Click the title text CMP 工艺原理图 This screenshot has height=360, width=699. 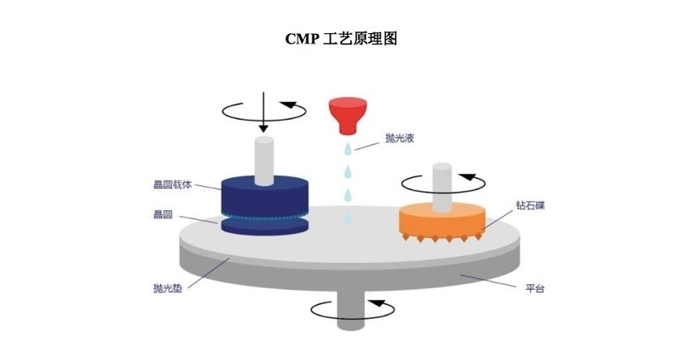341,39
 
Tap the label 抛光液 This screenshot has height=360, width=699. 400,138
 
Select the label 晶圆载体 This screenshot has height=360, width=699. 172,184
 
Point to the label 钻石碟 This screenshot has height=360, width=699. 531,205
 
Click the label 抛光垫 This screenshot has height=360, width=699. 167,288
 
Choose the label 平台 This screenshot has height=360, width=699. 535,288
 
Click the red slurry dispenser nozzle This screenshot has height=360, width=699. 348,116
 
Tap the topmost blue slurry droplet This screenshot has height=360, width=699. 347,148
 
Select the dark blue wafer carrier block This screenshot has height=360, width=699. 265,196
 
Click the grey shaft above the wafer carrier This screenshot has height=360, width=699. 264,161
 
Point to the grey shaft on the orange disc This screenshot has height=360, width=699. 443,187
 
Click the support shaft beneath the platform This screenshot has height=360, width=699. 351,310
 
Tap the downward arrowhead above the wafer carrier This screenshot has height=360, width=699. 264,128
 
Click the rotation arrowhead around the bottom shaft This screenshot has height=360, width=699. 377,303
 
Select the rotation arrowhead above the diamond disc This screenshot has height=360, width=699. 467,177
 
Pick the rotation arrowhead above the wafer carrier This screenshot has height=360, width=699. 289,105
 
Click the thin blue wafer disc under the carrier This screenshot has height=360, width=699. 265,226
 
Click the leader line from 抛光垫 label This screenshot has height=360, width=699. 209,273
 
